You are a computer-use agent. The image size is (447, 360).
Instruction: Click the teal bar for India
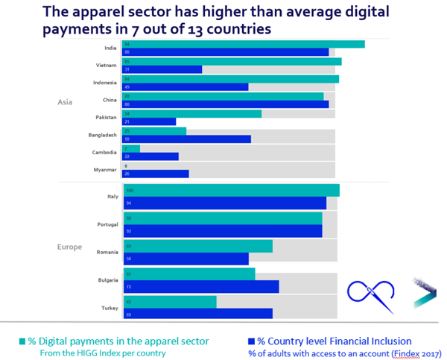tap(244, 44)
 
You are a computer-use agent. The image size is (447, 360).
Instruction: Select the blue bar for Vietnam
tap(162, 69)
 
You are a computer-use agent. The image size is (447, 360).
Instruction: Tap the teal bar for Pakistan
tap(192, 113)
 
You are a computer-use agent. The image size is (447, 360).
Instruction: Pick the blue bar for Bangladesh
tap(187, 139)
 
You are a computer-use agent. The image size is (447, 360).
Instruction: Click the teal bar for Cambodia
tap(132, 148)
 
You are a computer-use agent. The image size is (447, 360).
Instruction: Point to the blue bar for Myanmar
tap(156, 174)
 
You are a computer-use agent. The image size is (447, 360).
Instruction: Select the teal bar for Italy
tap(231, 190)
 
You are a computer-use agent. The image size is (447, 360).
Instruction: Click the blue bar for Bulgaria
tap(201, 287)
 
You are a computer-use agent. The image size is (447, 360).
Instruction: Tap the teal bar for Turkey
tap(170, 302)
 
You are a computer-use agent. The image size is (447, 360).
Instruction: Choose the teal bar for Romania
tap(198, 246)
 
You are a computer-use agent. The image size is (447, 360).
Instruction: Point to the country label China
tap(110, 100)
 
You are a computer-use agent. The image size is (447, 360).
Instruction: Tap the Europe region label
tap(69, 247)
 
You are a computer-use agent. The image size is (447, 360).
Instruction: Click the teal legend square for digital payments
tap(22, 341)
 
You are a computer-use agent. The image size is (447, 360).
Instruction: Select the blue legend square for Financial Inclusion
tap(251, 341)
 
